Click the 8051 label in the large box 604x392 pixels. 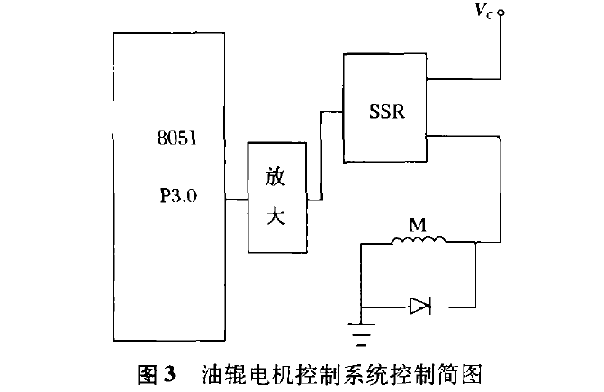pyautogui.click(x=176, y=138)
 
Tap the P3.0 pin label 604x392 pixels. pyautogui.click(x=178, y=196)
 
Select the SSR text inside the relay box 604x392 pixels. pyautogui.click(x=387, y=111)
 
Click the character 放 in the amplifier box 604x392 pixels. pyautogui.click(x=275, y=177)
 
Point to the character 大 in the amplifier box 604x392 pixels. pyautogui.click(x=276, y=215)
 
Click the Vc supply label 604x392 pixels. pyautogui.click(x=483, y=11)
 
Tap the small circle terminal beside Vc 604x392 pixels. pyautogui.click(x=500, y=13)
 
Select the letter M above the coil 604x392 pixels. pyautogui.click(x=418, y=225)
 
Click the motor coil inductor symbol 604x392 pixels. pyautogui.click(x=419, y=240)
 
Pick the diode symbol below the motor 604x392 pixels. pyautogui.click(x=419, y=306)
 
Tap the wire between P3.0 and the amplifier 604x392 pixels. pyautogui.click(x=236, y=200)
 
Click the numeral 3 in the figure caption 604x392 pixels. pyautogui.click(x=168, y=373)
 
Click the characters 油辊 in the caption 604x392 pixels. pyautogui.click(x=224, y=374)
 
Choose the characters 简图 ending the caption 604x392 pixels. pyautogui.click(x=460, y=374)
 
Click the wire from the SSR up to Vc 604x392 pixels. pyautogui.click(x=500, y=79)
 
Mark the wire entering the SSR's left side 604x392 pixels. pyautogui.click(x=321, y=156)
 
